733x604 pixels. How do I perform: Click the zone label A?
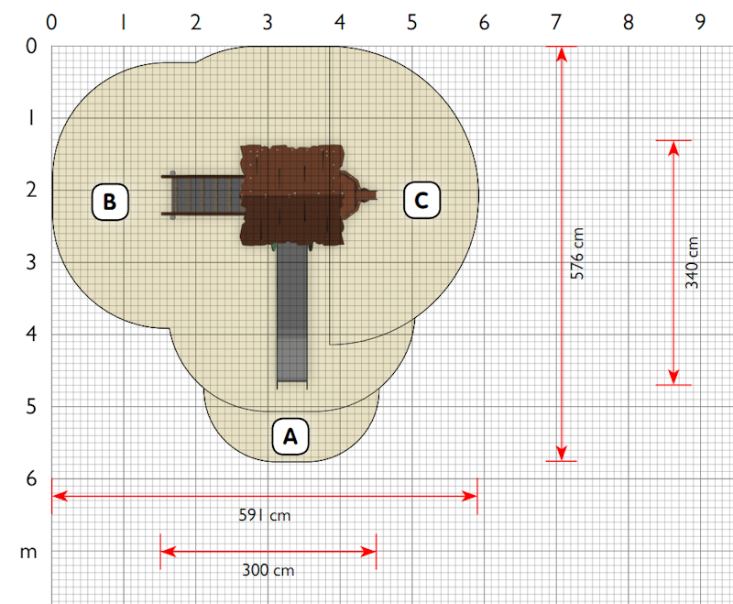pyautogui.click(x=290, y=436)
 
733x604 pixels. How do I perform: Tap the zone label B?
pyautogui.click(x=110, y=202)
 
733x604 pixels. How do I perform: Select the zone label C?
pyautogui.click(x=421, y=201)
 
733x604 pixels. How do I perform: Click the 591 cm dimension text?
pyautogui.click(x=265, y=515)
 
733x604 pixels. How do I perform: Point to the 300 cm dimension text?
pyautogui.click(x=268, y=570)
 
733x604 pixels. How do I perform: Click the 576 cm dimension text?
pyautogui.click(x=577, y=254)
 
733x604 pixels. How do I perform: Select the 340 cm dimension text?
pyautogui.click(x=692, y=263)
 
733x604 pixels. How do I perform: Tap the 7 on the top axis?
pyautogui.click(x=556, y=22)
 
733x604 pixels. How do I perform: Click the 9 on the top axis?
pyautogui.click(x=700, y=22)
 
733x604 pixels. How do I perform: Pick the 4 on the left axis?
pyautogui.click(x=31, y=334)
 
